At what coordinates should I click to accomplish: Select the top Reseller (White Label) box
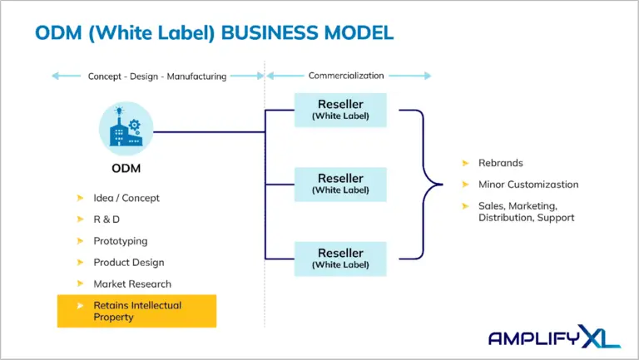point(340,110)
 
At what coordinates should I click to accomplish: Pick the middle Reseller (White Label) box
point(340,184)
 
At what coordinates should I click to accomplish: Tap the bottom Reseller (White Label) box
point(340,258)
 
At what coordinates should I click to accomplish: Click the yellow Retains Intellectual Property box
point(136,311)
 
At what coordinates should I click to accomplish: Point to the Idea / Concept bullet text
point(126,198)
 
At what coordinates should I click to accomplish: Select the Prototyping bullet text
point(121,241)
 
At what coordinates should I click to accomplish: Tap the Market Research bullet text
point(132,284)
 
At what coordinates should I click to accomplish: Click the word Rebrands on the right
point(501,162)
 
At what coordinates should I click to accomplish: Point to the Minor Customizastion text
point(528,184)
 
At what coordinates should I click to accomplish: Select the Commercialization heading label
point(347,76)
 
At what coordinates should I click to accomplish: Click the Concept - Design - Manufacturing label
point(157,76)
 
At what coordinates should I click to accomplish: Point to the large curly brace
point(424,184)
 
